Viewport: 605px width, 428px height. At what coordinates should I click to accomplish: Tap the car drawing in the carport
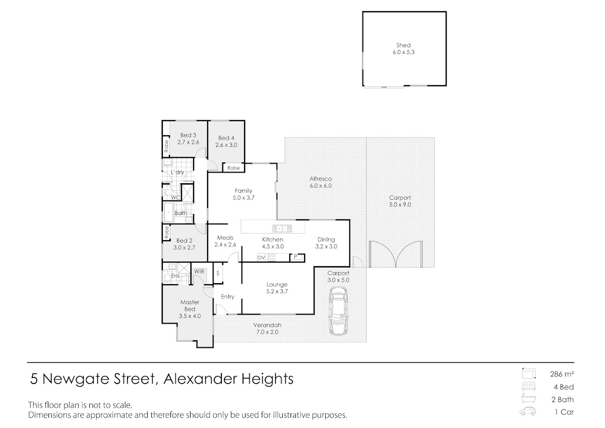[338, 311]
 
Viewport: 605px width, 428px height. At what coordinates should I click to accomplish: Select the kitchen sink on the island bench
[282, 229]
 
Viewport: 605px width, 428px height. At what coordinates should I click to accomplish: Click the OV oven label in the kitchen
[261, 258]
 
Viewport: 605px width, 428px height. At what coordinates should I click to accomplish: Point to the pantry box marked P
[297, 257]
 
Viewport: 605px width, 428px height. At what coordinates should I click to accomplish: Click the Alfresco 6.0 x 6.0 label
[321, 182]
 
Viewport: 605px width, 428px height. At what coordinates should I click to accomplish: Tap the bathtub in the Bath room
[168, 212]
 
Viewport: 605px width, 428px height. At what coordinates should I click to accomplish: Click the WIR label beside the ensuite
[199, 272]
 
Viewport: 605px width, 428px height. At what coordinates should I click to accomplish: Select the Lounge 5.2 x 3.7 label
[277, 288]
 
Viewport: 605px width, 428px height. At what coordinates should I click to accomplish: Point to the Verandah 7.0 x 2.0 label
[267, 329]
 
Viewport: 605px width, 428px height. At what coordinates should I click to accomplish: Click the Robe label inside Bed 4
[233, 168]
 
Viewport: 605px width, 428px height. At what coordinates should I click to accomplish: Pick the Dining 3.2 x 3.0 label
[326, 243]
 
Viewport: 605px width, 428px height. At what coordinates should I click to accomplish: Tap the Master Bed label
[190, 305]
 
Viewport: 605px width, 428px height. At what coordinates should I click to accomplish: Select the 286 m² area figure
[562, 374]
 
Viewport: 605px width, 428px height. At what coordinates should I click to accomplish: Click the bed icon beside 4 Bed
[528, 387]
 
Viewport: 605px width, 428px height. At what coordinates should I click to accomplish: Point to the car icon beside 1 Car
[528, 411]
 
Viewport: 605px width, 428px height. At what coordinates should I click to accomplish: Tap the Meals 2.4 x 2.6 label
[225, 241]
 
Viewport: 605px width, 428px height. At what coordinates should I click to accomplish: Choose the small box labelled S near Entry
[218, 273]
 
